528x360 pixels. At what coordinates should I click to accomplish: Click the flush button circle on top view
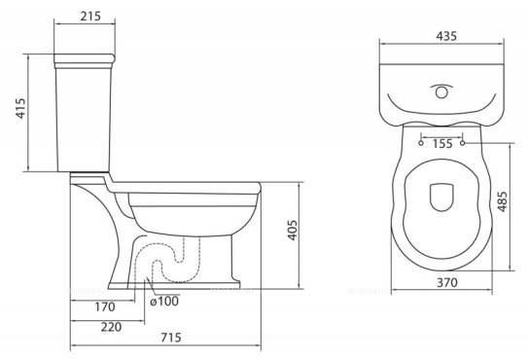442,93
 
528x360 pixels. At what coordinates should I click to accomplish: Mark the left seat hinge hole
419,143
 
